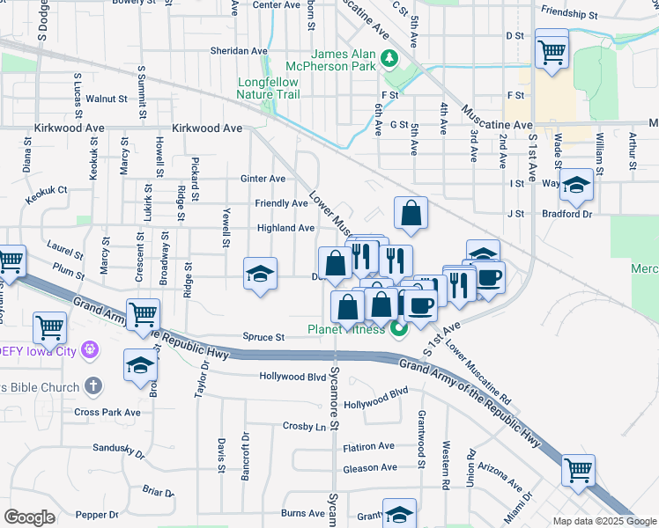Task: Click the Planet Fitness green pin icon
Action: point(398,330)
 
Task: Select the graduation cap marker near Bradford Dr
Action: point(575,186)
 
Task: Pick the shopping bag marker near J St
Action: point(411,214)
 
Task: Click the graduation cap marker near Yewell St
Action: point(260,275)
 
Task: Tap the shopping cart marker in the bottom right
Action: point(578,472)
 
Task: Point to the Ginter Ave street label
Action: point(263,179)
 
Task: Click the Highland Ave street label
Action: point(285,228)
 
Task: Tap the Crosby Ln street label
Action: point(305,426)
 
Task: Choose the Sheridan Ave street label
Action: point(238,51)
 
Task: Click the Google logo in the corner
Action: point(29,517)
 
